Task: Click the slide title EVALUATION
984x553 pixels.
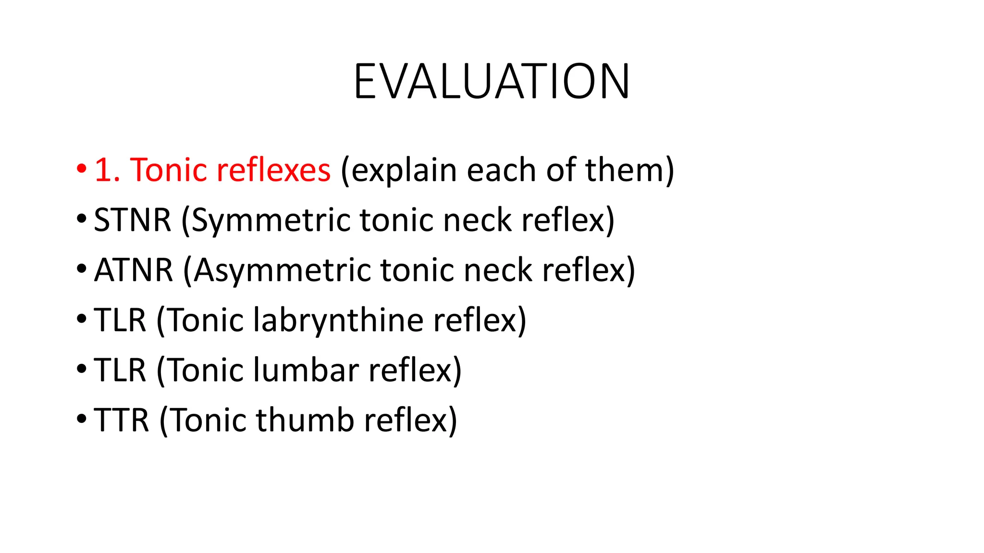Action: pos(492,82)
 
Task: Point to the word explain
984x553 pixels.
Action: pos(404,171)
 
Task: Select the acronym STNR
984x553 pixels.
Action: pos(133,220)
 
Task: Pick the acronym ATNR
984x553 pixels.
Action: pos(134,270)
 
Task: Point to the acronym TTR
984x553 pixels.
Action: pos(122,420)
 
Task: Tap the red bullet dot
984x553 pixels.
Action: pos(81,168)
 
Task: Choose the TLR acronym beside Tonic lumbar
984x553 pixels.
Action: pos(120,370)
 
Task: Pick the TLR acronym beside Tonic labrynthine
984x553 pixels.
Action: pos(120,320)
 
